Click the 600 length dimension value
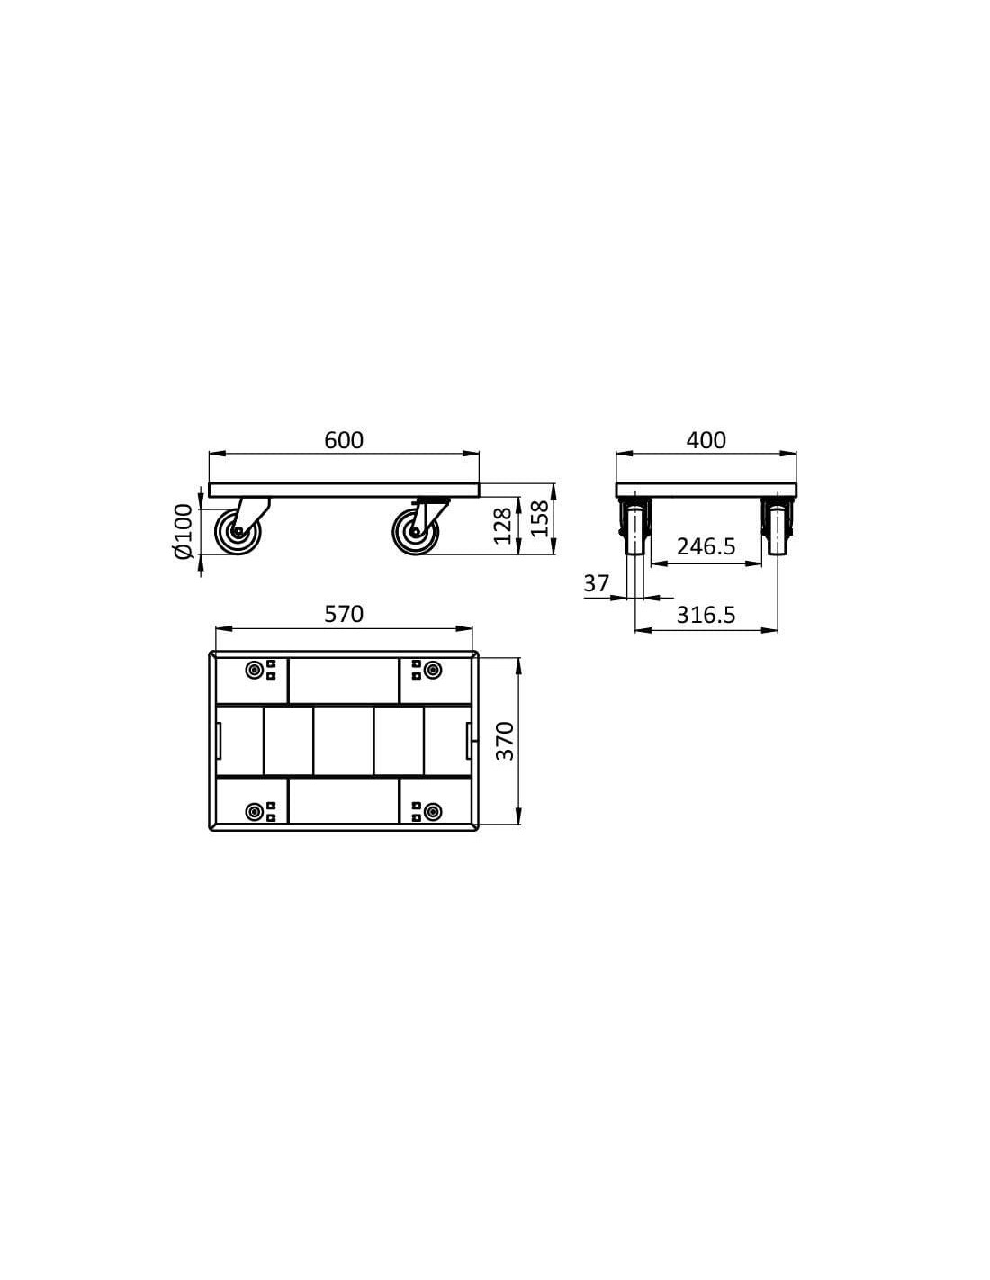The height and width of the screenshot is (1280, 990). pyautogui.click(x=344, y=440)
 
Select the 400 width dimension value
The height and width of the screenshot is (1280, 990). pyautogui.click(x=706, y=440)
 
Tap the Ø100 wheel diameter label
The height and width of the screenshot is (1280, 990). pyautogui.click(x=184, y=531)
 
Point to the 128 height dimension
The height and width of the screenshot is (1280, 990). pyautogui.click(x=502, y=526)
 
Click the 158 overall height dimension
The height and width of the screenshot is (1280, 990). pyautogui.click(x=540, y=518)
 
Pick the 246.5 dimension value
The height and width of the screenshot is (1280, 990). pyautogui.click(x=706, y=546)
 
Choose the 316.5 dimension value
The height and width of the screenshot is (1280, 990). pyautogui.click(x=706, y=615)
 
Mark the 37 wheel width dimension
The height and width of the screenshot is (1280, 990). pyautogui.click(x=596, y=584)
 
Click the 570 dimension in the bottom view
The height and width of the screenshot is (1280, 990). pyautogui.click(x=344, y=615)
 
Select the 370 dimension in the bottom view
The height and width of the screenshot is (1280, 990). pyautogui.click(x=505, y=741)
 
